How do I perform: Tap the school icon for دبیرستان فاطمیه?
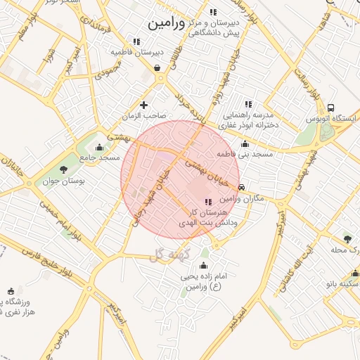(x=136, y=41)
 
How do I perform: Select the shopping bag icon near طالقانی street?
(x=155, y=68)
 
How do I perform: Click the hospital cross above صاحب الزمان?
(x=144, y=105)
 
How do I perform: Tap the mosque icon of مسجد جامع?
(x=99, y=148)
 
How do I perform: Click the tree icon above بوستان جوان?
(x=64, y=169)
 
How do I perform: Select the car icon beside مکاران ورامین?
(x=242, y=188)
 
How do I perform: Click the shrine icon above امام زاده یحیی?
(x=204, y=265)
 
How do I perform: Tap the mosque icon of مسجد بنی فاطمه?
(x=244, y=143)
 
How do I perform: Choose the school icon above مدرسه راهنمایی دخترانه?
(x=246, y=103)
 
